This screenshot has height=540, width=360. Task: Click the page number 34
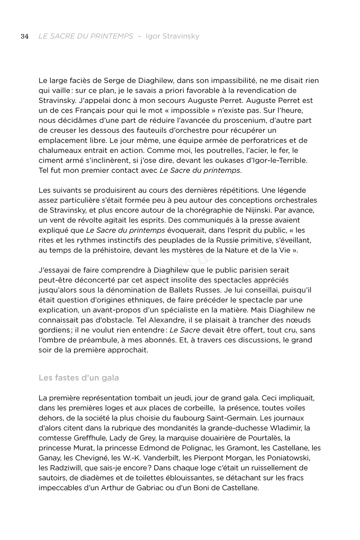25,36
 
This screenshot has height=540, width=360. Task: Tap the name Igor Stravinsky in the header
172,36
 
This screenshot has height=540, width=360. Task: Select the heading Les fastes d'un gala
79,378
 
